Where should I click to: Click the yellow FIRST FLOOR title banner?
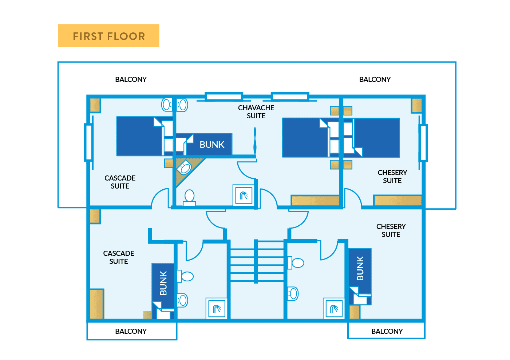click(x=108, y=36)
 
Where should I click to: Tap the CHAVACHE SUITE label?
click(x=256, y=112)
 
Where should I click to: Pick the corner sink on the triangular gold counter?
click(x=185, y=168)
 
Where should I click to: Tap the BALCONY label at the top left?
click(x=131, y=79)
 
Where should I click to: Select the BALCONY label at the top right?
click(x=375, y=79)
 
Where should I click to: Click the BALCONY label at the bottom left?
click(x=131, y=331)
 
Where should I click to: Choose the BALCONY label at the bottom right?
click(x=387, y=331)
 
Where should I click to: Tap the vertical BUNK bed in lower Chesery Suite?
click(x=360, y=273)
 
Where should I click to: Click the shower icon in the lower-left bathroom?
click(x=217, y=309)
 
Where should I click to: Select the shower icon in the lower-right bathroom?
click(x=333, y=309)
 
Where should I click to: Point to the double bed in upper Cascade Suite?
click(x=139, y=136)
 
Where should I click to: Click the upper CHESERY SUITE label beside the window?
click(x=392, y=177)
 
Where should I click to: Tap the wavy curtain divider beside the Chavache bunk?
click(x=255, y=140)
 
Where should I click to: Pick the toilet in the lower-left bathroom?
click(x=186, y=277)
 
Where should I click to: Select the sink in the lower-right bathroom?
click(x=293, y=293)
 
